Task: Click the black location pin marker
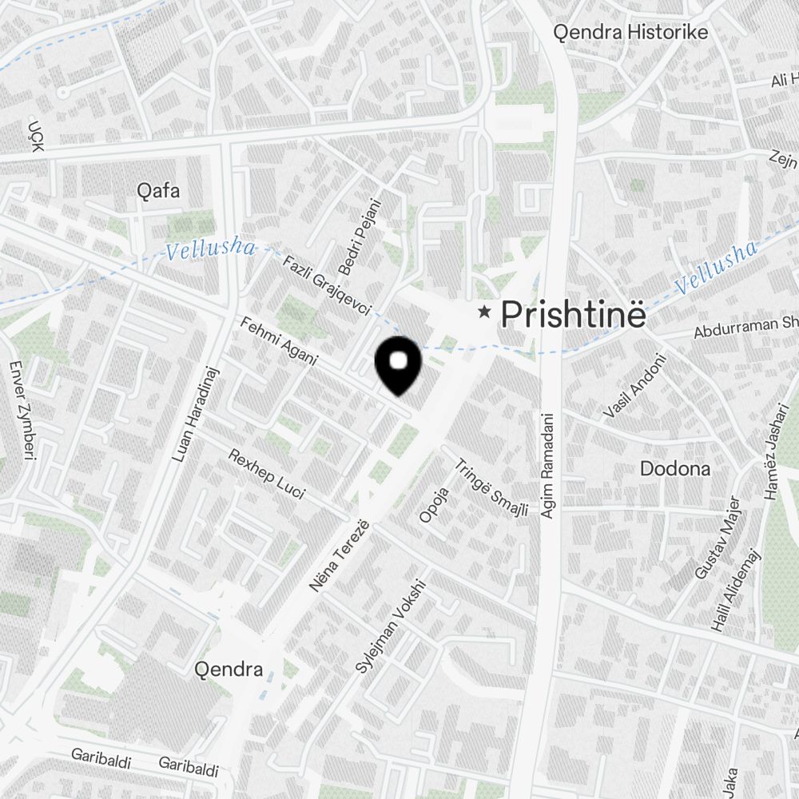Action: coord(398,364)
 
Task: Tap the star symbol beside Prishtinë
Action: coord(484,312)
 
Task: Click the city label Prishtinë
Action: coord(572,315)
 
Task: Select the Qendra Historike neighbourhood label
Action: coord(631,33)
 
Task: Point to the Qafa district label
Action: coord(158,191)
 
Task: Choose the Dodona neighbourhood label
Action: coord(675,469)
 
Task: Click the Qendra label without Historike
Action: coord(229,670)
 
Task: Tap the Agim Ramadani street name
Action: coord(547,464)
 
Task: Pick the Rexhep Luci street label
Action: coord(266,474)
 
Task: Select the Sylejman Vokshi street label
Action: coord(392,626)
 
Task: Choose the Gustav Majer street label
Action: coord(714,538)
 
